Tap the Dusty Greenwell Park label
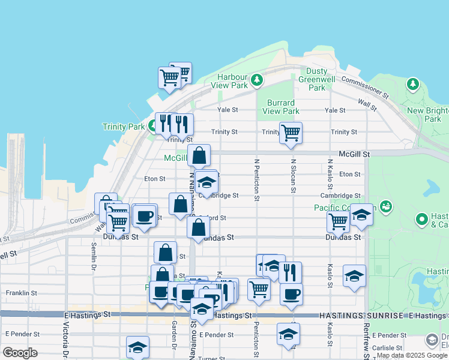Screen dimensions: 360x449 click(316, 79)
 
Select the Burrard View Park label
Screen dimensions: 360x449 click(281, 107)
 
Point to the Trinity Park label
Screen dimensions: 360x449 click(124, 127)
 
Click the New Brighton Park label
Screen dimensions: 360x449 click(424, 115)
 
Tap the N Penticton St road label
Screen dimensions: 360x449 click(257, 179)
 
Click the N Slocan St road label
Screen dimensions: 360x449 click(293, 175)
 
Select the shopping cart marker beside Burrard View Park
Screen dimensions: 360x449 click(291, 133)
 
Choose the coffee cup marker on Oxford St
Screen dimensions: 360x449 click(144, 216)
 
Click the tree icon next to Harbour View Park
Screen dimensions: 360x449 click(257, 79)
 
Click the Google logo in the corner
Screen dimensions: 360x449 click(20, 353)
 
